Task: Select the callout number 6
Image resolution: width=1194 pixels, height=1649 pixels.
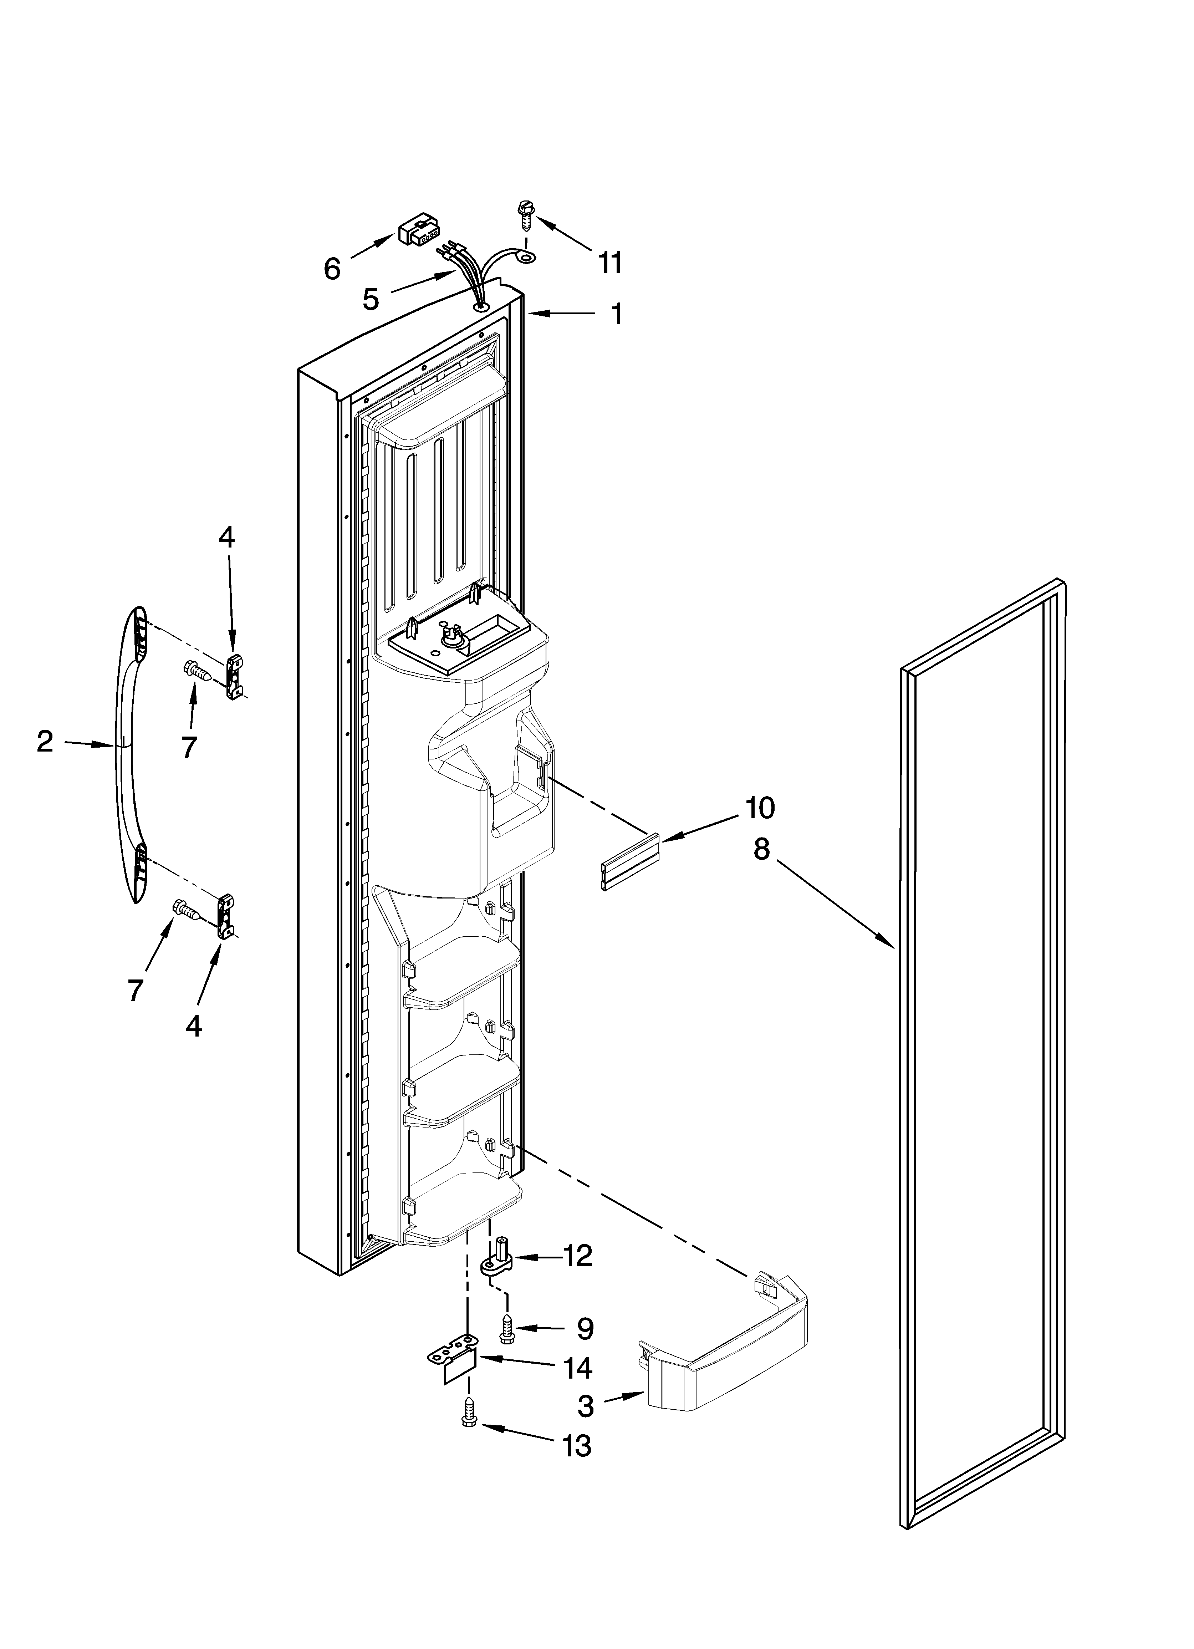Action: pos(332,269)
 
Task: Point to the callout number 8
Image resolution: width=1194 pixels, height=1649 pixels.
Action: pos(761,849)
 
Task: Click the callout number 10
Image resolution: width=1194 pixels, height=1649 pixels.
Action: pos(759,807)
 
